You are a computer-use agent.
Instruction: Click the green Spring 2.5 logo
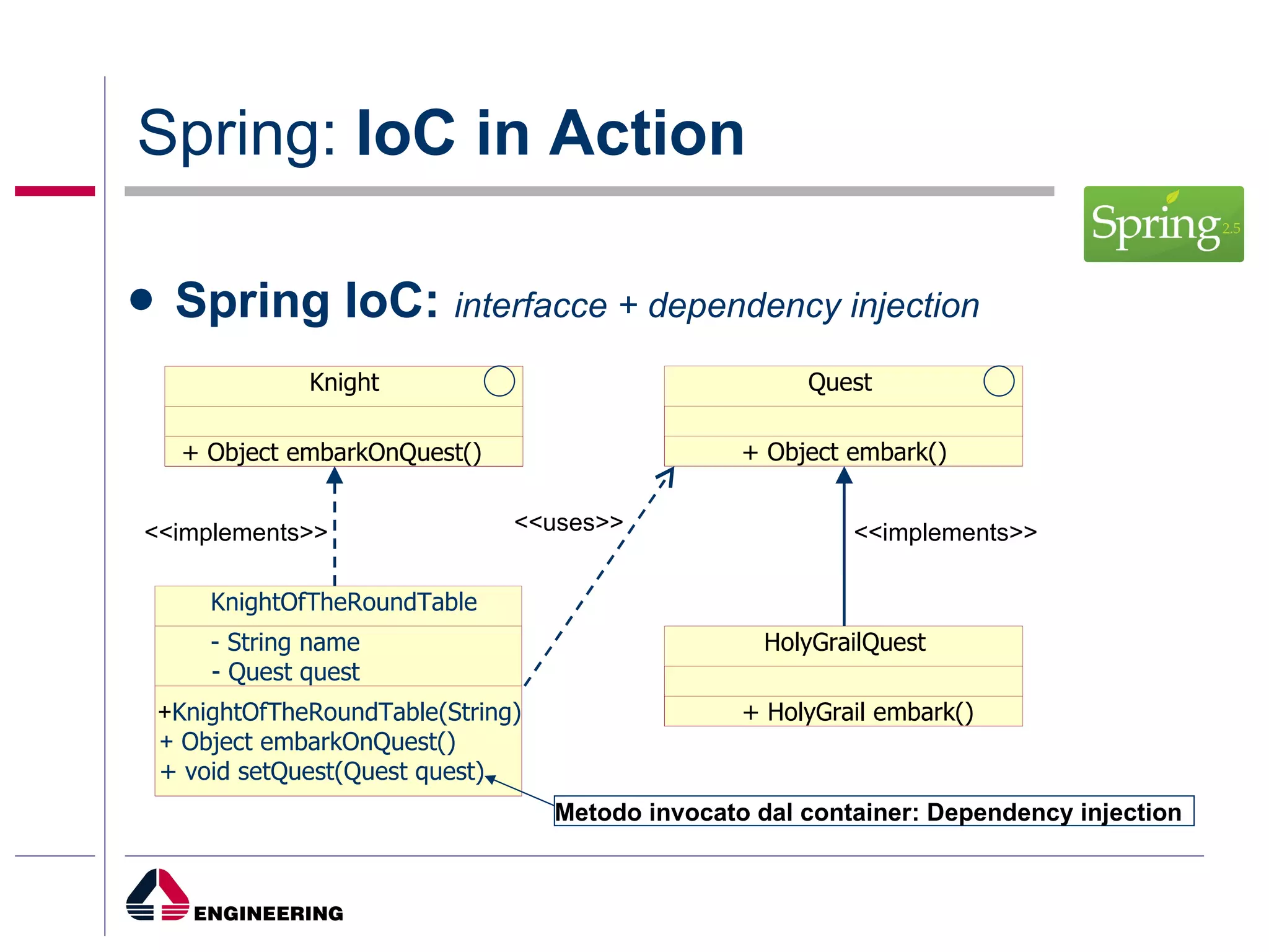click(x=1163, y=224)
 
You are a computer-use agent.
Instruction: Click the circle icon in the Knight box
click(x=499, y=381)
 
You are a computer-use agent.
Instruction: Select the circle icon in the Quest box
click(x=998, y=381)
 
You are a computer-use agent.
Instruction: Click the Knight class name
click(x=344, y=382)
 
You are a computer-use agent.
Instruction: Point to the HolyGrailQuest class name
click(x=844, y=642)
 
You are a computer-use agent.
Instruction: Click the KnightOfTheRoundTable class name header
click(x=343, y=602)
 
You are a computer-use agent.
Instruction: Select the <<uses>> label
click(x=568, y=522)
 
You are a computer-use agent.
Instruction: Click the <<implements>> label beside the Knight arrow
click(x=235, y=532)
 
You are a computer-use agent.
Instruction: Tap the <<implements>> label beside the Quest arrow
click(x=945, y=532)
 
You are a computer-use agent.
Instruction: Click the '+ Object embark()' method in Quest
click(x=844, y=452)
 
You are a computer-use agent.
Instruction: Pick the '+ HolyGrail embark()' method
click(x=858, y=712)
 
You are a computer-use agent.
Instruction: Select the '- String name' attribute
click(x=285, y=642)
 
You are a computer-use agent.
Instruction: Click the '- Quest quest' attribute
click(x=285, y=672)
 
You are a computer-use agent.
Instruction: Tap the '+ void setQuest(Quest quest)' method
click(x=322, y=772)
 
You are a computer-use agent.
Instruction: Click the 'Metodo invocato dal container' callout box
click(x=873, y=811)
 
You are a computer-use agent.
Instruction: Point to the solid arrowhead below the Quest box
click(x=844, y=476)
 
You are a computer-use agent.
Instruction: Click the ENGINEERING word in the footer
click(x=268, y=913)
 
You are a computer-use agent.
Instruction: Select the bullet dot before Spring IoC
click(x=141, y=300)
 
